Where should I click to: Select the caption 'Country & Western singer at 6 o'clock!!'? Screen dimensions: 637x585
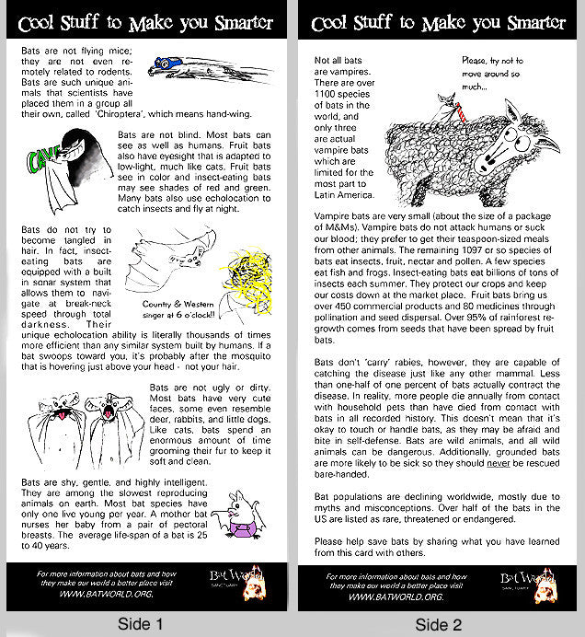point(183,307)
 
